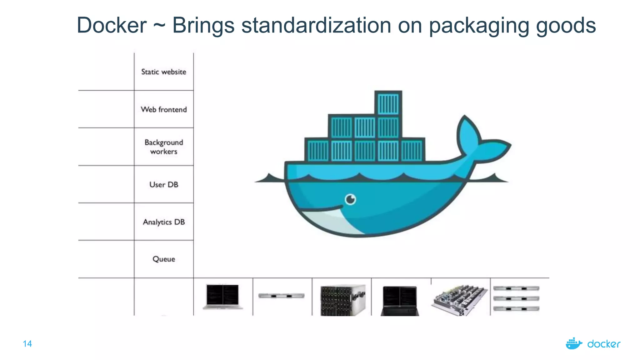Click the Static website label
pyautogui.click(x=163, y=72)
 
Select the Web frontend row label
pyautogui.click(x=163, y=109)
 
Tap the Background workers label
pyautogui.click(x=163, y=147)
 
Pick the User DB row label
pyautogui.click(x=163, y=184)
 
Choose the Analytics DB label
pyautogui.click(x=163, y=222)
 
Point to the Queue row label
pyautogui.click(x=163, y=259)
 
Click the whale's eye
pyautogui.click(x=350, y=199)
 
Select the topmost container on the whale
pyautogui.click(x=388, y=103)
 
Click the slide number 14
pyautogui.click(x=27, y=344)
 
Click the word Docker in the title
pyautogui.click(x=112, y=25)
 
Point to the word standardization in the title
pyautogui.click(x=316, y=25)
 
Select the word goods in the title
pyautogui.click(x=566, y=26)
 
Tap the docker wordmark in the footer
pyautogui.click(x=604, y=344)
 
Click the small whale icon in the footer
pyautogui.click(x=574, y=343)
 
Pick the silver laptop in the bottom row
pyautogui.click(x=222, y=297)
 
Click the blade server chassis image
pyautogui.click(x=343, y=300)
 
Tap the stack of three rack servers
pyautogui.click(x=516, y=298)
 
